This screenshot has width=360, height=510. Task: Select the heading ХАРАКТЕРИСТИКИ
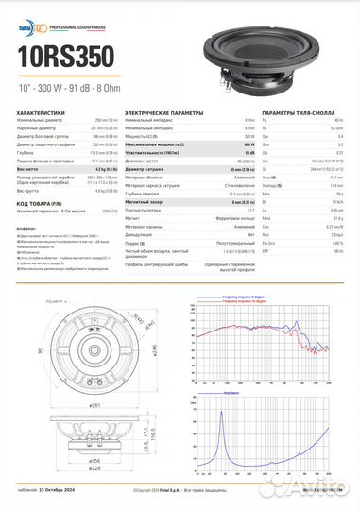tap(41, 112)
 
